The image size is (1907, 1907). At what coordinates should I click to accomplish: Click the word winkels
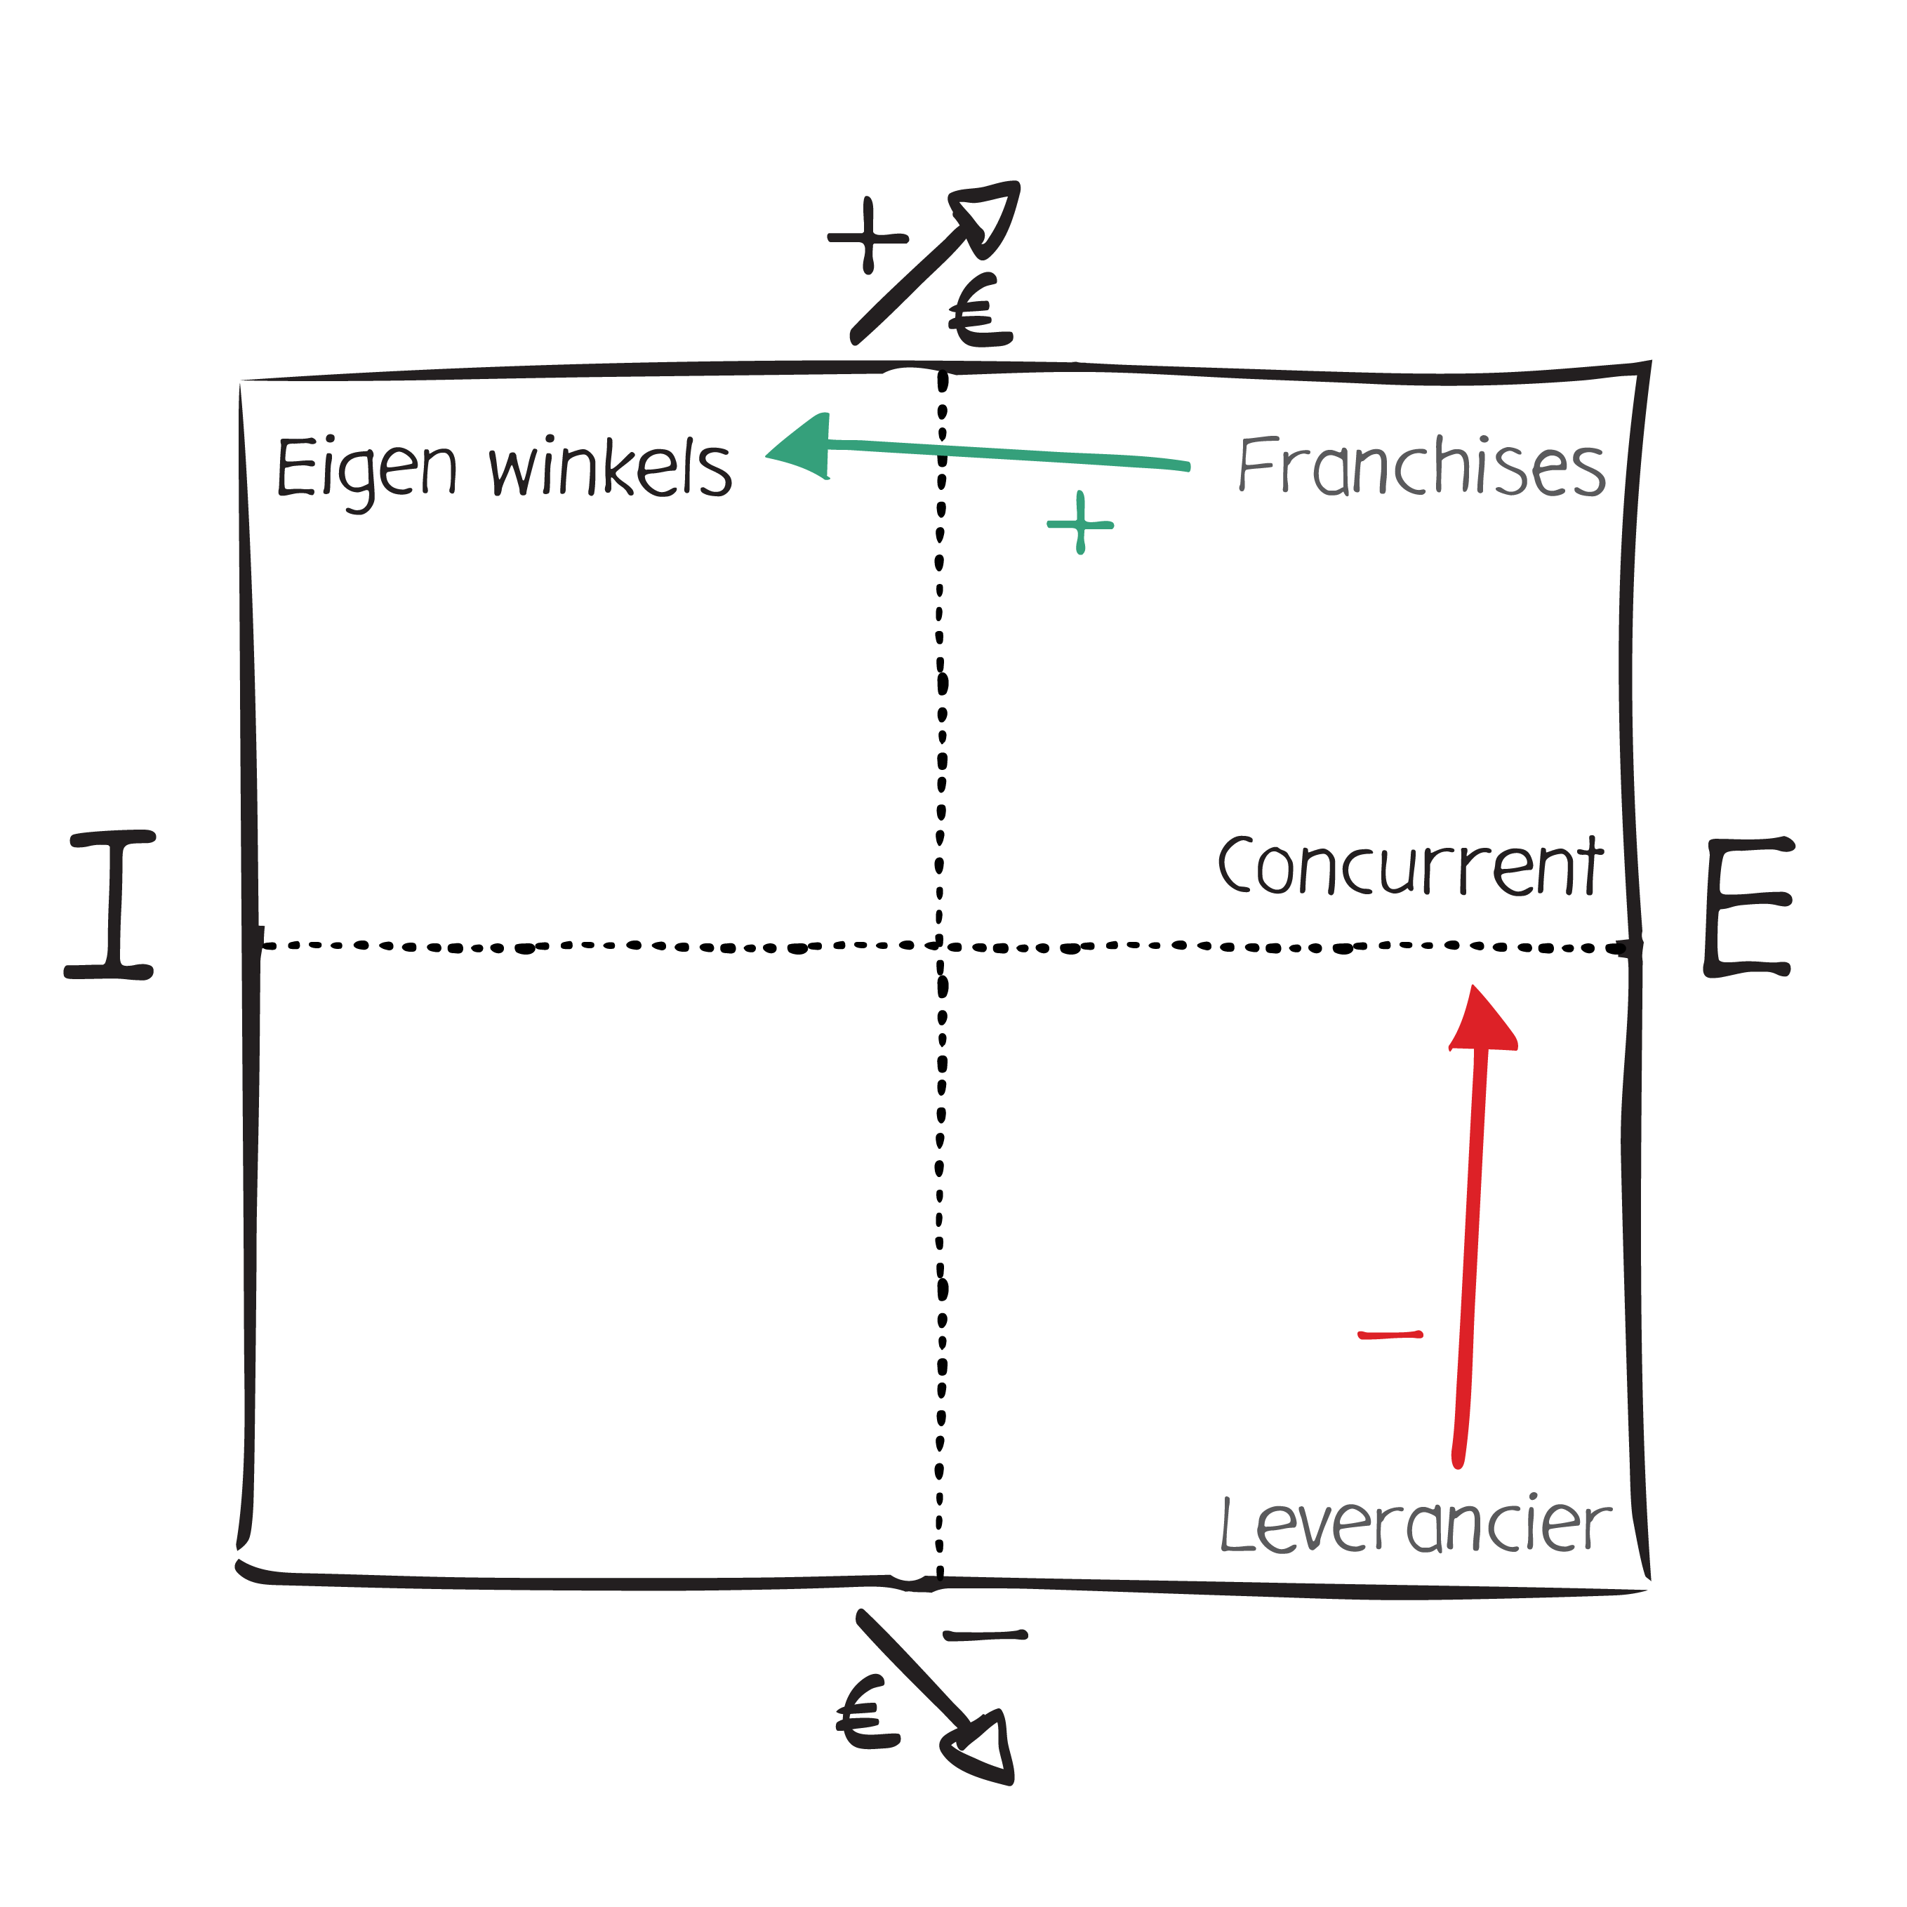tap(610, 469)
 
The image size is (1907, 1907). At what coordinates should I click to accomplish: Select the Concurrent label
tap(1409, 865)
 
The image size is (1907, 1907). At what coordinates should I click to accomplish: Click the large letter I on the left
tap(111, 904)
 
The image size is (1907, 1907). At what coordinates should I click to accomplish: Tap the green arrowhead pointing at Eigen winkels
tap(802, 449)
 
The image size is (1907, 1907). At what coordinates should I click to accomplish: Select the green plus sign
tap(1081, 523)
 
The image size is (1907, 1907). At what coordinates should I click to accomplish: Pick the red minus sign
tap(1390, 1336)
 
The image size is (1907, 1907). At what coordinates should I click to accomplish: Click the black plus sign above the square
tap(868, 237)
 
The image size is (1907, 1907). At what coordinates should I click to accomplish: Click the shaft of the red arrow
tap(1470, 1254)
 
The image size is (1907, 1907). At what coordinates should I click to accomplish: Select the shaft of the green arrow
tap(1006, 455)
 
